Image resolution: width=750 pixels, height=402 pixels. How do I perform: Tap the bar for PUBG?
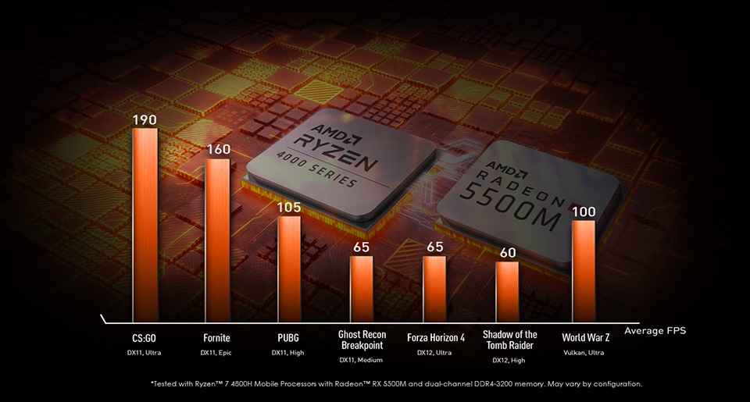(x=289, y=269)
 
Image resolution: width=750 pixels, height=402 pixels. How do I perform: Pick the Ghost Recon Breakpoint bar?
(x=362, y=289)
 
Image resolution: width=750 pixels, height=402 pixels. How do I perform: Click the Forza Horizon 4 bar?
(x=434, y=289)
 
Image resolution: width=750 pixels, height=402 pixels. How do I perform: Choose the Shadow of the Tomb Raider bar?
(x=507, y=292)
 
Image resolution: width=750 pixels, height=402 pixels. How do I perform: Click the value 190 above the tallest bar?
(x=145, y=120)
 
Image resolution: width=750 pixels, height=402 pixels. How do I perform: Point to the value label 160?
(x=218, y=150)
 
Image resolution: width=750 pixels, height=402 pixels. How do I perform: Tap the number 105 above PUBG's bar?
(x=289, y=207)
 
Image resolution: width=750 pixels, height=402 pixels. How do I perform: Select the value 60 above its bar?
(x=508, y=253)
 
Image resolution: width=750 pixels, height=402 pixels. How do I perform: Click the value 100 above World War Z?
(x=584, y=212)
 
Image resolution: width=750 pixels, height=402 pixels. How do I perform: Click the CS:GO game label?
(x=145, y=338)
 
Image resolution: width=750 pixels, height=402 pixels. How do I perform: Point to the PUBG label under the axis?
(x=288, y=338)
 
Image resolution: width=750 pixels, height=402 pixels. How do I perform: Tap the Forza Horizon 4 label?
(x=436, y=338)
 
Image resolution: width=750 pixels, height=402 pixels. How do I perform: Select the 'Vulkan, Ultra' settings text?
(x=584, y=353)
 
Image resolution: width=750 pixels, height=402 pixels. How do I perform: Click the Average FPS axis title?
(x=655, y=331)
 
